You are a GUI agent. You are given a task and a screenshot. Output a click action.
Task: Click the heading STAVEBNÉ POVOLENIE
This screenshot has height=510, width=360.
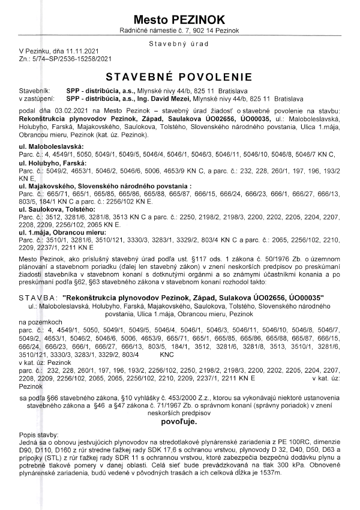(x=179, y=77)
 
